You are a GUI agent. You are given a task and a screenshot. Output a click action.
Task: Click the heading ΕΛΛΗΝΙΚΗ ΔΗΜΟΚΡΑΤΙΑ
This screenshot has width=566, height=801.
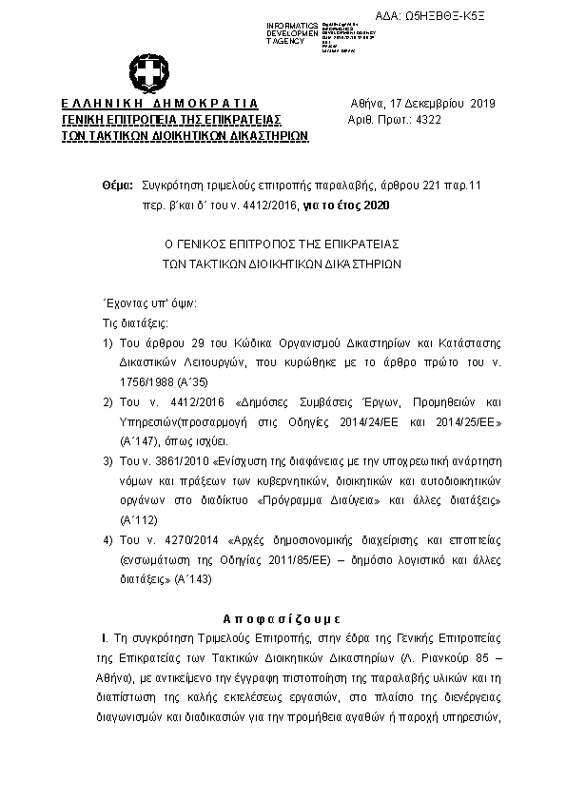tap(159, 104)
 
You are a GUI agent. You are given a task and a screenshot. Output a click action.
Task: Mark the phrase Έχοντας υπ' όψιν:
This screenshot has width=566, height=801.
tap(149, 303)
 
